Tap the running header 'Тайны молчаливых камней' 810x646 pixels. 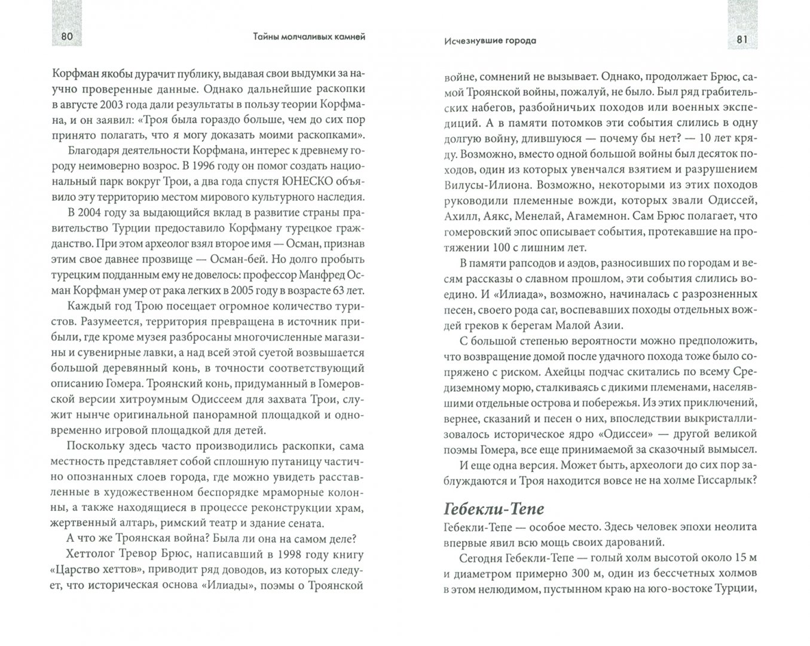[305, 38]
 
